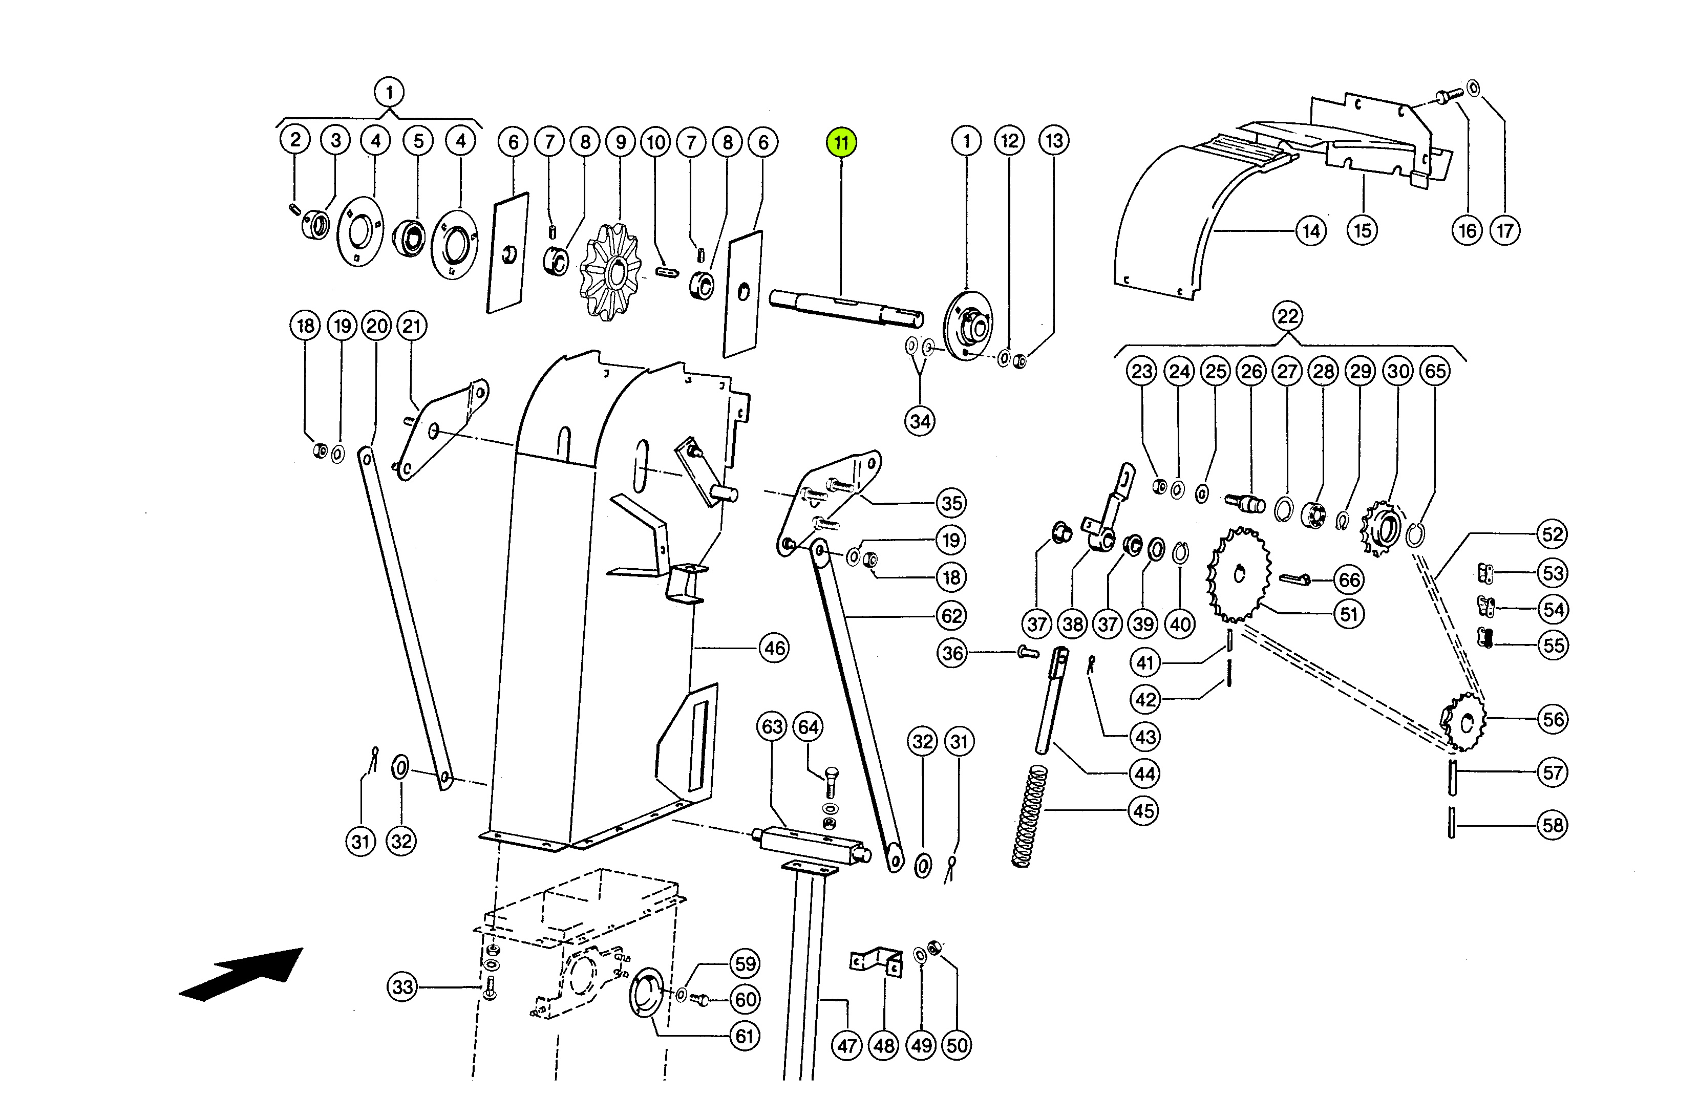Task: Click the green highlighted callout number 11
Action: tap(841, 142)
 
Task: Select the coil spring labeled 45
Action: tap(1030, 815)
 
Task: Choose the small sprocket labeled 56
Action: tap(1463, 722)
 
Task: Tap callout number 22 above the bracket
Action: tap(1288, 316)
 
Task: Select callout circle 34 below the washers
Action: tap(920, 421)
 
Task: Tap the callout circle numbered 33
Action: tap(402, 987)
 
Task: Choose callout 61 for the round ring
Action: tap(745, 1036)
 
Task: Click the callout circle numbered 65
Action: tap(1435, 371)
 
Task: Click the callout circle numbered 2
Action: tap(295, 139)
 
